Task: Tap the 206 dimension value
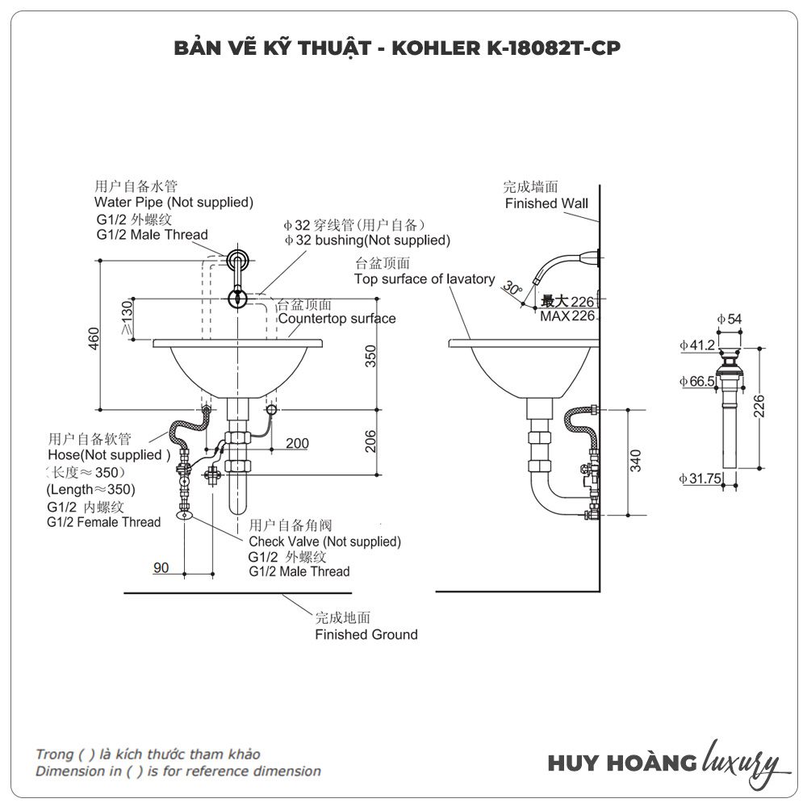coord(370,441)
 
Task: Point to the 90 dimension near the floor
coord(161,567)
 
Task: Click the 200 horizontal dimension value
coord(297,443)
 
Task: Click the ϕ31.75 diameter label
coord(699,479)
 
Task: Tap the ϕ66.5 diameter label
coord(696,381)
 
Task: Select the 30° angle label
coord(511,287)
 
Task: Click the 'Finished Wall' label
coord(546,203)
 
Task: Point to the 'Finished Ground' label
coord(366,634)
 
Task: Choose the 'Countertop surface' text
coord(337,319)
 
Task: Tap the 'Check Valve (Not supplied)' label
coord(324,541)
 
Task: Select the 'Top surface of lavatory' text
coord(424,279)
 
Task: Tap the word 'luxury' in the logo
coord(740,762)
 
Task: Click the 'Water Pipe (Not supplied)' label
coord(174,202)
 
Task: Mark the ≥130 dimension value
coord(127,319)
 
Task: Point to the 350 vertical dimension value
coord(370,356)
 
